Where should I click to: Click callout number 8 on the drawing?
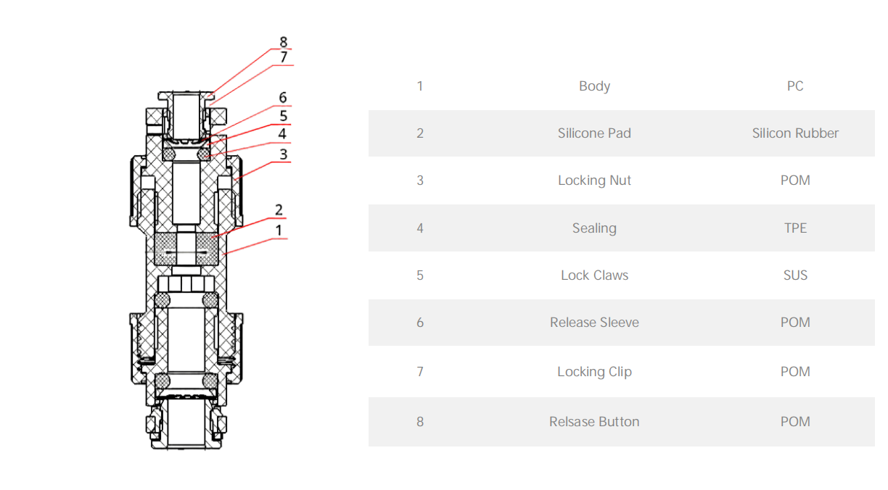coord(284,42)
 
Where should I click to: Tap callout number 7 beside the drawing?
coord(284,57)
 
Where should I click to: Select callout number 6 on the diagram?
coord(282,98)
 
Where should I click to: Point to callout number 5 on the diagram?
coord(283,116)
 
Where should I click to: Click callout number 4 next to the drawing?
coord(282,134)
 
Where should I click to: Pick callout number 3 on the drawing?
coord(283,154)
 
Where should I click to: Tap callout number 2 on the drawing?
coord(279,210)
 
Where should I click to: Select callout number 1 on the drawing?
coord(279,231)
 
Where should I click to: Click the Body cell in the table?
coord(594,86)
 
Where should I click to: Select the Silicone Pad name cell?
coord(594,133)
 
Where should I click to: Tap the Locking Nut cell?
coord(594,180)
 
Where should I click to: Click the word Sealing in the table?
coord(594,228)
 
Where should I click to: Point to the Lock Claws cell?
coord(594,275)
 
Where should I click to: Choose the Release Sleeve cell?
coord(594,323)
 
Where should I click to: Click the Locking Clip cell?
coord(594,372)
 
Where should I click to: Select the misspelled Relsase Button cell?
coord(594,422)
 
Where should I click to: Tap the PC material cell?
coord(795,86)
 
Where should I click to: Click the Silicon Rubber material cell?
coord(795,133)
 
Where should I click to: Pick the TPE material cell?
coord(795,228)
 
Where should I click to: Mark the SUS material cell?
coord(795,275)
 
